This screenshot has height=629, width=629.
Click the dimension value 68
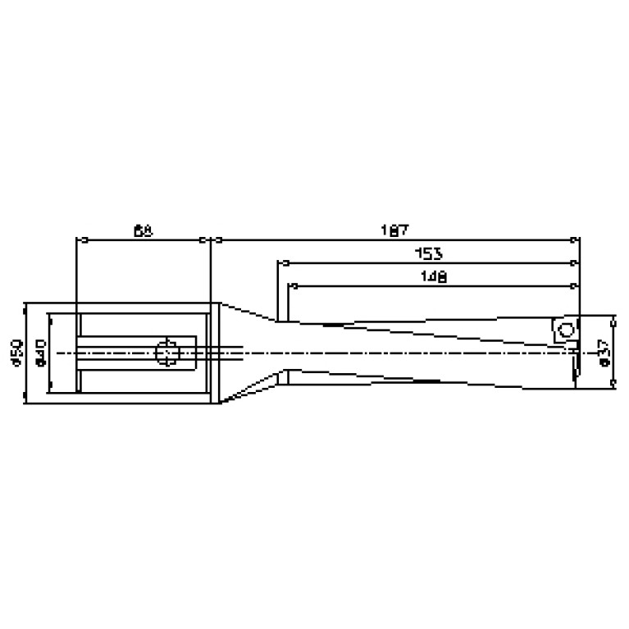[x=143, y=230]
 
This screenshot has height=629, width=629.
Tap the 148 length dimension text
[x=432, y=277]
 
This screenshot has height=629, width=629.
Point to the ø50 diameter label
[x=15, y=353]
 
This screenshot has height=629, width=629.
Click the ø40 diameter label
[x=39, y=353]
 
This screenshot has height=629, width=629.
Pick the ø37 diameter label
[x=605, y=352]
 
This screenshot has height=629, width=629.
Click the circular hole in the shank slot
[x=167, y=352]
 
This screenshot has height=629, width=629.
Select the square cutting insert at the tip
[x=563, y=332]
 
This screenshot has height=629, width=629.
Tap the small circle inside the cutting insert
[x=563, y=332]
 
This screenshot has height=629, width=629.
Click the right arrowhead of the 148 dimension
[x=572, y=286]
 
